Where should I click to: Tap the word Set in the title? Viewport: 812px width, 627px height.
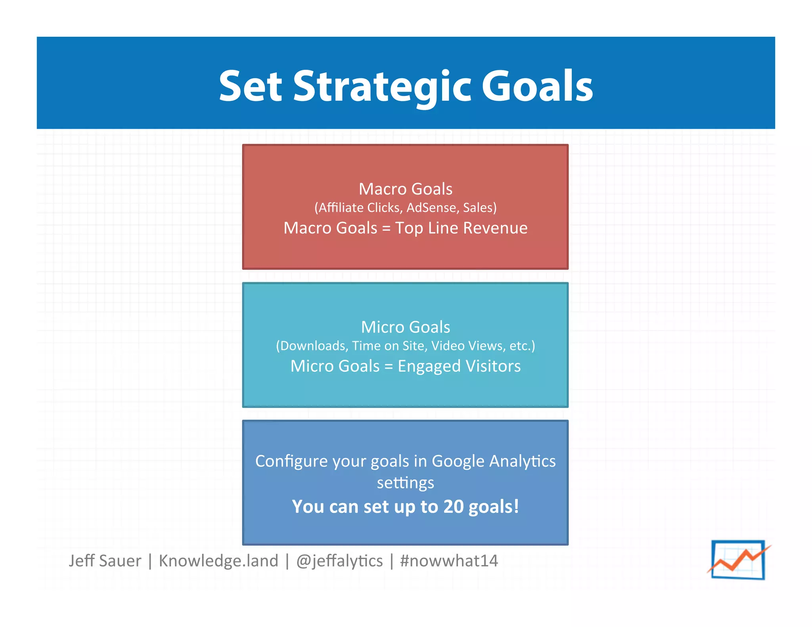pos(250,86)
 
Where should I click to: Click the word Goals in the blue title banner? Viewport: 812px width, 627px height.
pos(537,86)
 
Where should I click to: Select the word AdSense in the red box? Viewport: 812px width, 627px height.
pos(431,208)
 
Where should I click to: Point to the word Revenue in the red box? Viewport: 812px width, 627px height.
pos(495,228)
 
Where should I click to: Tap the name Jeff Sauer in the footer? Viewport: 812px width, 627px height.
pos(105,561)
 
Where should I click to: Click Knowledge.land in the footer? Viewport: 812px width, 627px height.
pos(218,561)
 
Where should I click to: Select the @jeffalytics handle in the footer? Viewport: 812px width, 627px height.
pos(339,561)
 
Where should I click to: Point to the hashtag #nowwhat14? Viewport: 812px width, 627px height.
pos(449,561)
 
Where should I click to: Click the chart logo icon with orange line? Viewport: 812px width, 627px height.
pos(738,560)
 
